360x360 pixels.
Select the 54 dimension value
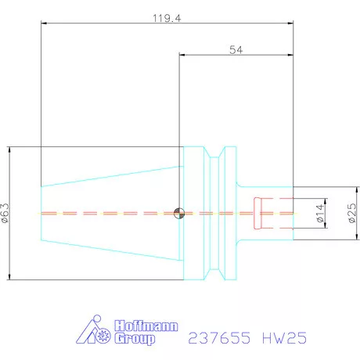235,49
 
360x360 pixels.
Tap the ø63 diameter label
6,212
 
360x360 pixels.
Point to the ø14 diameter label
320,213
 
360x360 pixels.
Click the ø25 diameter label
350,213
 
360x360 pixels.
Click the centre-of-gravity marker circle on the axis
179,213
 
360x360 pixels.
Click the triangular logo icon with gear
92,333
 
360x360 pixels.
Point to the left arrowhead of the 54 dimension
182,56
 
